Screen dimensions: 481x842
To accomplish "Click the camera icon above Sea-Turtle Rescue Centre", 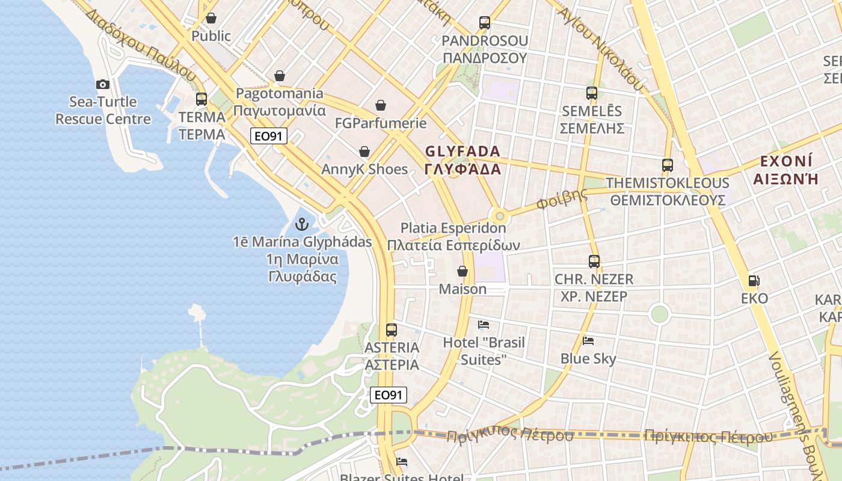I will (103, 84).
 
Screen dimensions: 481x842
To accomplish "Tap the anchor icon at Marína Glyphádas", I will (302, 225).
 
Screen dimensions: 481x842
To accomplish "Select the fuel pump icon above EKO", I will (754, 280).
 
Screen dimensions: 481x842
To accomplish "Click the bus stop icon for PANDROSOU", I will (485, 23).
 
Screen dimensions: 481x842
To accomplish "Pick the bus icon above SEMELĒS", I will (592, 93).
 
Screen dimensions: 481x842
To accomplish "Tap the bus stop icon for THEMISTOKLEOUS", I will (667, 165).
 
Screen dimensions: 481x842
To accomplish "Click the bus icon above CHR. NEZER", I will (594, 261).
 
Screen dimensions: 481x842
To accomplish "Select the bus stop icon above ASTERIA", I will (392, 329).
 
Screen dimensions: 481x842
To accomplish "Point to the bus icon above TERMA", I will (201, 99).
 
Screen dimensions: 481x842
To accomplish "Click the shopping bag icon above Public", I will (210, 18).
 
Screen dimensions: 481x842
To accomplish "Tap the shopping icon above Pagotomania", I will (279, 76).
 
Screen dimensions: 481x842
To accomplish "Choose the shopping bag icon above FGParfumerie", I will (381, 106).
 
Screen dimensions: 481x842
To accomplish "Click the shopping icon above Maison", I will (462, 271).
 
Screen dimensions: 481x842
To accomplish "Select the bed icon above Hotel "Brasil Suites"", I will (484, 325).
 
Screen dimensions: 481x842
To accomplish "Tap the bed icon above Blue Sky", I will (588, 341).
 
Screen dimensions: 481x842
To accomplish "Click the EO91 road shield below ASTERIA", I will (388, 395).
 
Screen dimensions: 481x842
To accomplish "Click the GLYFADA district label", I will (462, 151).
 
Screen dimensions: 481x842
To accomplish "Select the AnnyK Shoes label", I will (364, 169).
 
